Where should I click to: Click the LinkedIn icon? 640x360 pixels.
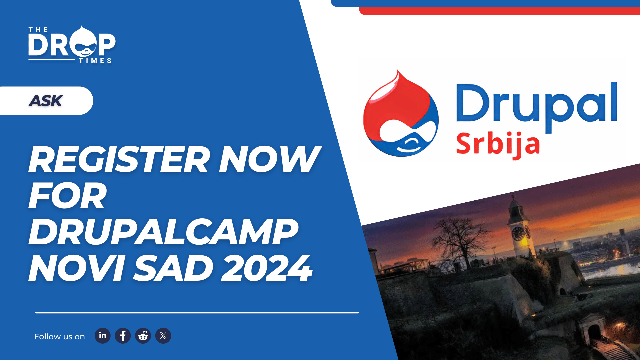[x=102, y=336]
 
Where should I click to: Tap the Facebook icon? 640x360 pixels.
[x=123, y=336]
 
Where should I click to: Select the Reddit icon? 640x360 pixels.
[x=143, y=336]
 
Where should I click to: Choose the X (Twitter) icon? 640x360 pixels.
[x=163, y=336]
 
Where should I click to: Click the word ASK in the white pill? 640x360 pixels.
[x=46, y=101]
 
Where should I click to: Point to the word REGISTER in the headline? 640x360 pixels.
[x=119, y=159]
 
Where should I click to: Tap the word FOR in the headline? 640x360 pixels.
[x=68, y=196]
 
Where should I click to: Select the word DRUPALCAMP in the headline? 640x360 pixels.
[x=163, y=232]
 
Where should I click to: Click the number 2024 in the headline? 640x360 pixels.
[x=267, y=268]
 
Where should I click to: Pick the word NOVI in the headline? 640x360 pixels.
[x=77, y=268]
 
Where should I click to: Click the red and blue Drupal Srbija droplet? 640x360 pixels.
[x=401, y=114]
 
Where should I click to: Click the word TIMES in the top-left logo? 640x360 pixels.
[x=95, y=61]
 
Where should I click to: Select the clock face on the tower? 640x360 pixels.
[x=518, y=233]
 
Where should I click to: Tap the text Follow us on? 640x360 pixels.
[x=59, y=337]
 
